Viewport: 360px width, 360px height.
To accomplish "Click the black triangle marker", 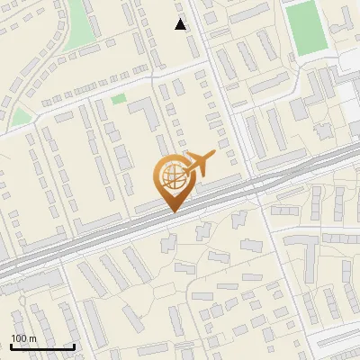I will [181, 24].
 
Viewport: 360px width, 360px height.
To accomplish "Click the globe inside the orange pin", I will [172, 177].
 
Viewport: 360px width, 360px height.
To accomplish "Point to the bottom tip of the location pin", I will [172, 211].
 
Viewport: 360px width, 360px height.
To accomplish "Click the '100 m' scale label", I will [24, 337].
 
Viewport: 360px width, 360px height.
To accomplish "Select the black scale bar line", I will [42, 346].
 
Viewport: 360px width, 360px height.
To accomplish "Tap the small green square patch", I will [119, 98].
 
